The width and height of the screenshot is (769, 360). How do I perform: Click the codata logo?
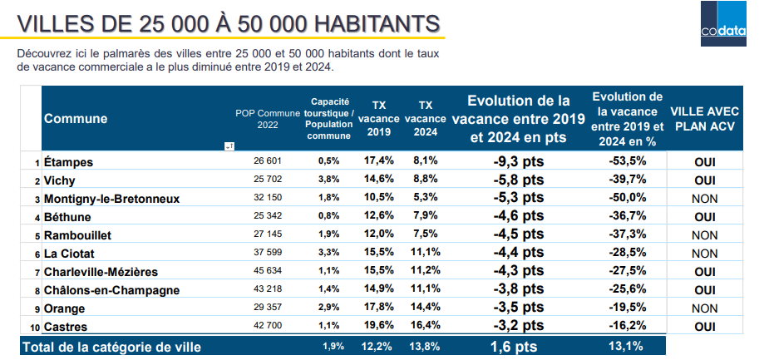click(722, 25)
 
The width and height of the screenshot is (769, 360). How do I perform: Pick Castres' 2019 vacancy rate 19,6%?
click(378, 327)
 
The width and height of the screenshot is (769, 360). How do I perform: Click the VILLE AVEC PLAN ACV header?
click(704, 119)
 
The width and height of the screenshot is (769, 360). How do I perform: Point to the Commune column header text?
click(76, 119)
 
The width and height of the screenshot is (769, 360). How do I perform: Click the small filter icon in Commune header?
click(228, 145)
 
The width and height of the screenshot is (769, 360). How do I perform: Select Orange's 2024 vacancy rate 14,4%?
click(425, 308)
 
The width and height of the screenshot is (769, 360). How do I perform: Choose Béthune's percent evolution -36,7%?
click(628, 216)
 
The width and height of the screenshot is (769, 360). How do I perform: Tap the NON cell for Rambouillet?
click(704, 235)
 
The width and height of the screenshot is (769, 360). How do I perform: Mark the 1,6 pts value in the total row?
click(513, 346)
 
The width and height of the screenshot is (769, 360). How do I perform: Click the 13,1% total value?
click(628, 346)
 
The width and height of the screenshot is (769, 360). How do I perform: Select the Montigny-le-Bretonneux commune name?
click(111, 199)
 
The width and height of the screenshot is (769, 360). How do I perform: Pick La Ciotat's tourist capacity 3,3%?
click(328, 253)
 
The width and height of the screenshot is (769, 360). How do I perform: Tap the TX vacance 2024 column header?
click(425, 119)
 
